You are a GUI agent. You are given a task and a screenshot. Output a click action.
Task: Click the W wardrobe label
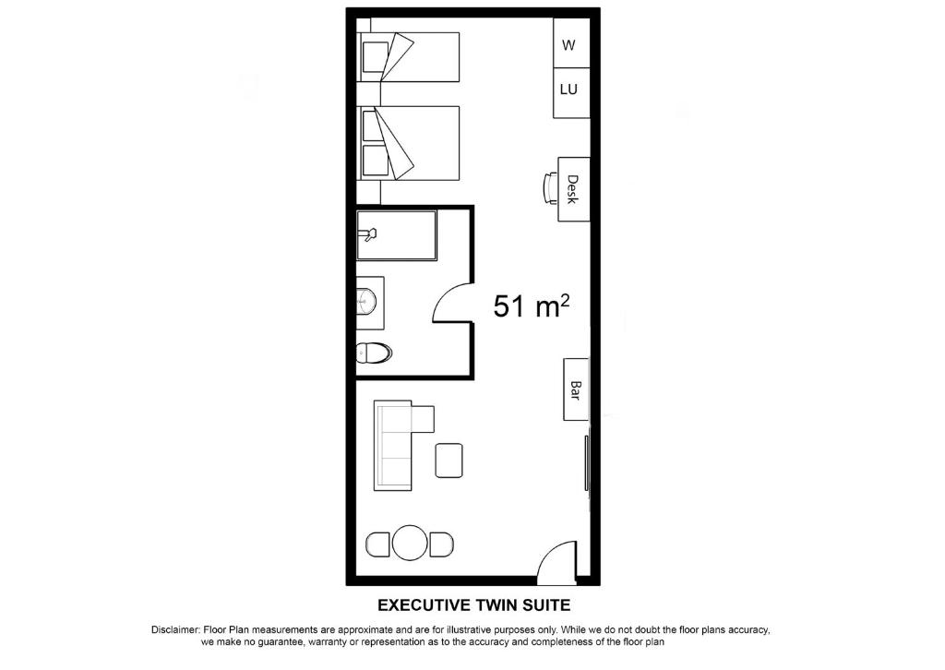click(568, 45)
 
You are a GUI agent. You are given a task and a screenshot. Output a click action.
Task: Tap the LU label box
click(571, 93)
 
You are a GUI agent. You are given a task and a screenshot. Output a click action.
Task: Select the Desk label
click(572, 189)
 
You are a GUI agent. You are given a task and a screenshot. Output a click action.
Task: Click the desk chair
click(551, 188)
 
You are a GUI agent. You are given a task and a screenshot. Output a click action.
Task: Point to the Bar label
click(576, 390)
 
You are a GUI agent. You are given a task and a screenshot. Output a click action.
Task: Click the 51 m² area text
click(532, 305)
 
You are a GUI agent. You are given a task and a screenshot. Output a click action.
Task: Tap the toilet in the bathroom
click(374, 353)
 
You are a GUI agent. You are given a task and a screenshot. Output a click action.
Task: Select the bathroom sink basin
click(365, 299)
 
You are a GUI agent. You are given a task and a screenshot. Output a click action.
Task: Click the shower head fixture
click(367, 233)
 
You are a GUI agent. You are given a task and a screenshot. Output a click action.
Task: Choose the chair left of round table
click(377, 544)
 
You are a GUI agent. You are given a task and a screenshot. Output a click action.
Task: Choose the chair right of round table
click(442, 544)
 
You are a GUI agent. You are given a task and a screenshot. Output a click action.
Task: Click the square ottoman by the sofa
click(449, 461)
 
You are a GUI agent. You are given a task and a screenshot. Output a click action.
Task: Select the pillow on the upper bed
click(374, 56)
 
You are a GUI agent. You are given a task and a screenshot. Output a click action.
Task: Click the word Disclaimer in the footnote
click(174, 630)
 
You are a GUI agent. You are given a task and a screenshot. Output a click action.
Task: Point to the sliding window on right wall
click(586, 462)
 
